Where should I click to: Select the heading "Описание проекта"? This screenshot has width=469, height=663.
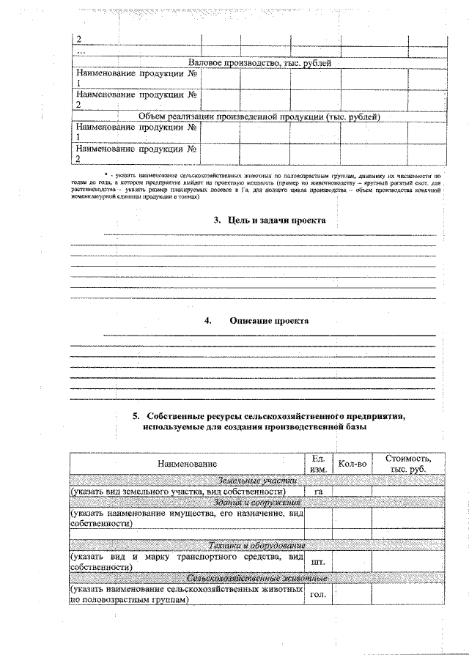[x=269, y=321]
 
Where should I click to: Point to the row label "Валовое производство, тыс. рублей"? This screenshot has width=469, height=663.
[x=260, y=64]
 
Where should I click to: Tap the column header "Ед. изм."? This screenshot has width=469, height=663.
[x=318, y=464]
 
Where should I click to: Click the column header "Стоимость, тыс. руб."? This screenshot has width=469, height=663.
[x=402, y=464]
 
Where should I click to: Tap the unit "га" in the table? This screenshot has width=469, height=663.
[x=318, y=492]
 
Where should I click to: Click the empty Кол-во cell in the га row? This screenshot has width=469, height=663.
[x=352, y=492]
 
